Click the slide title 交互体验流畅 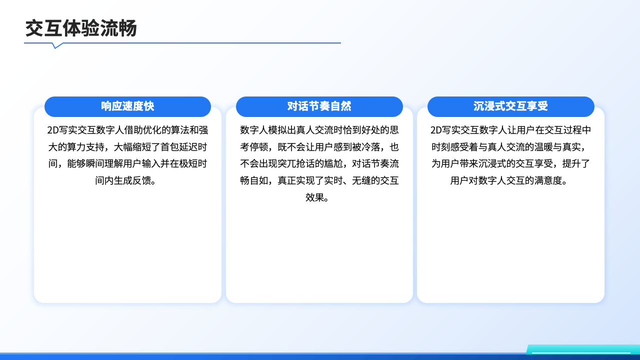(x=81, y=28)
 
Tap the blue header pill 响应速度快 (x=127, y=106)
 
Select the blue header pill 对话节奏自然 (x=319, y=106)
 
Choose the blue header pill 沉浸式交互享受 (x=511, y=106)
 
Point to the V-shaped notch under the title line (x=57, y=45)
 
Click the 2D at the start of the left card (x=53, y=130)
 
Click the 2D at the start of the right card (x=436, y=130)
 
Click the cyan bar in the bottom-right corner (x=583, y=349)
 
